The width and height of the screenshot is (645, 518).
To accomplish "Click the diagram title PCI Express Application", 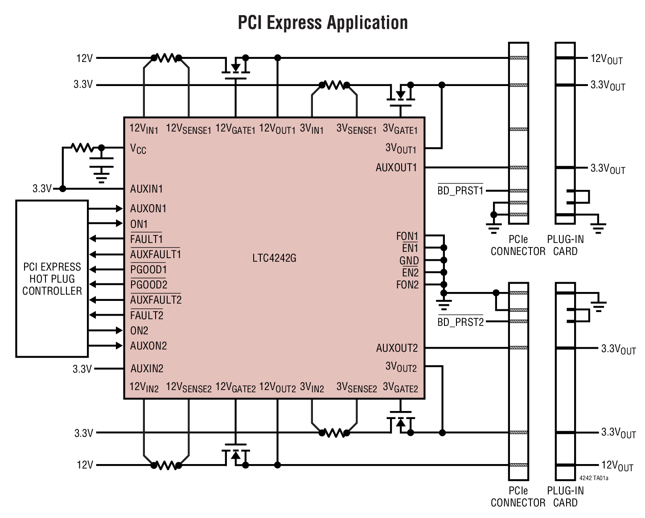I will tap(323, 22).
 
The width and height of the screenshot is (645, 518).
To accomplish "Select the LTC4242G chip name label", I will tap(274, 258).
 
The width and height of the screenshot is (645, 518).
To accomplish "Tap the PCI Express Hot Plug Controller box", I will tap(52, 279).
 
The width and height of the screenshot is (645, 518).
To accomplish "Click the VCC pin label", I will tap(138, 149).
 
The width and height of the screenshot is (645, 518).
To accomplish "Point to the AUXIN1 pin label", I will tap(147, 189).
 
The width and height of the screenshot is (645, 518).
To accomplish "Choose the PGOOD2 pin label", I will tap(149, 285).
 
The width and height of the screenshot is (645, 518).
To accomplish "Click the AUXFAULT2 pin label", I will tap(156, 300).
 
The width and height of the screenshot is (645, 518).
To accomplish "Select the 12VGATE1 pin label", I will tap(235, 129).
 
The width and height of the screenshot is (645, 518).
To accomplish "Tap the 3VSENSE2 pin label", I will tap(357, 387).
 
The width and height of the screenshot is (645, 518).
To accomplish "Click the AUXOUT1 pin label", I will tap(396, 168).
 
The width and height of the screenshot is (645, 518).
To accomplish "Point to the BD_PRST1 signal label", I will tap(460, 191).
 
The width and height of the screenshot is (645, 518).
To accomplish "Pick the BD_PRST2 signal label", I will tap(460, 322).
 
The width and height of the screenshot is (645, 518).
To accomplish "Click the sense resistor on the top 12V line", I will tap(166, 58).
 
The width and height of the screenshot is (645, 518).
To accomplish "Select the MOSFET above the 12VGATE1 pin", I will tap(235, 67).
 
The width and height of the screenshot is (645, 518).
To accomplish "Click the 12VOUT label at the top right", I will tap(606, 59).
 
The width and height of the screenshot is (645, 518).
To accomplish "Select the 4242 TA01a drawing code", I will tap(594, 478).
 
